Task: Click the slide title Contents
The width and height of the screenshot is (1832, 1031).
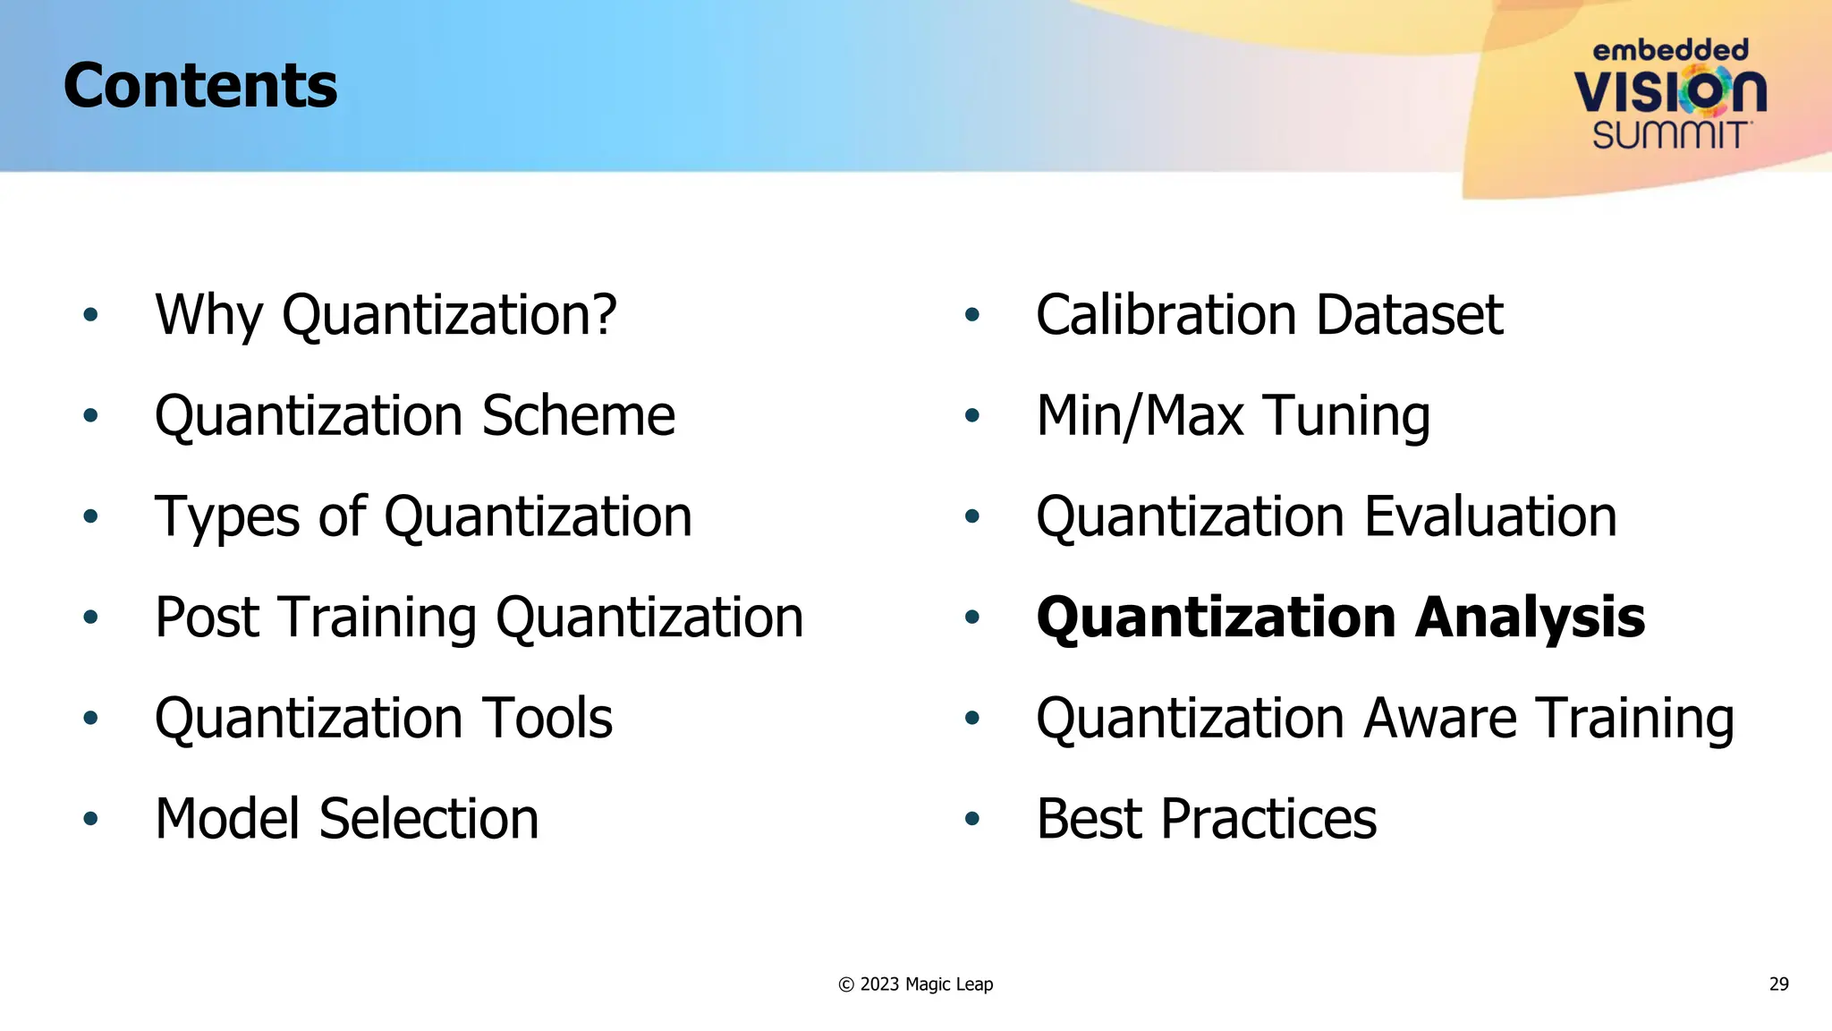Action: click(x=200, y=86)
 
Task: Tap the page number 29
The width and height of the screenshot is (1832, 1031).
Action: click(x=1778, y=984)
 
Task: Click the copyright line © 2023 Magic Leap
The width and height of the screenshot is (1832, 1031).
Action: click(x=915, y=984)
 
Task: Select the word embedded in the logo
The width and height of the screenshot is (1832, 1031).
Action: click(x=1670, y=50)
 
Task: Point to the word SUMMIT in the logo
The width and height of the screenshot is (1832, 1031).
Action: click(x=1670, y=135)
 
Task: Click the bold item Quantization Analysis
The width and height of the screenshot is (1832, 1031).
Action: click(x=1340, y=618)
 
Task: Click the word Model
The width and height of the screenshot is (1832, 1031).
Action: click(x=229, y=819)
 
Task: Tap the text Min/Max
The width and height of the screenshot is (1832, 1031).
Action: click(x=1140, y=416)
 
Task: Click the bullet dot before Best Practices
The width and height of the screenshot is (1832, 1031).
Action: click(x=972, y=819)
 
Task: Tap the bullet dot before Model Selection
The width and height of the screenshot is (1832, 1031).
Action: click(x=90, y=819)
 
